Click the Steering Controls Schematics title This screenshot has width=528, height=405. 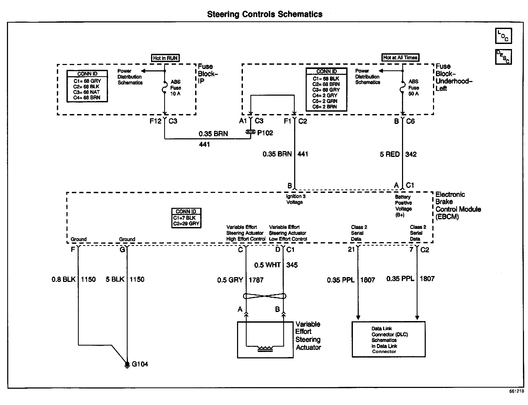point(265,14)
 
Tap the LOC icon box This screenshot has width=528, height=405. point(503,36)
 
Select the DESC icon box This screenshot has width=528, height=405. point(503,57)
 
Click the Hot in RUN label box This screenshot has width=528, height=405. point(165,58)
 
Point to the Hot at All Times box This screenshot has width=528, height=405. point(400,58)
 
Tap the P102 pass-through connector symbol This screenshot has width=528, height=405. point(250,132)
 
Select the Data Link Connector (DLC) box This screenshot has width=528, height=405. point(388,339)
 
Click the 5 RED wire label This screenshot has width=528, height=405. point(389,154)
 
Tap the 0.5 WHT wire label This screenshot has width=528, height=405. point(267,265)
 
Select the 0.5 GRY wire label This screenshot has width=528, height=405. point(230,280)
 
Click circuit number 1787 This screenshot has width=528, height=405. point(256,280)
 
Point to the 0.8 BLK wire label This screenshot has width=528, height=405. point(64,279)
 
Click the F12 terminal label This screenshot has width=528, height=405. point(155,121)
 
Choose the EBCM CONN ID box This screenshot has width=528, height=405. point(186,218)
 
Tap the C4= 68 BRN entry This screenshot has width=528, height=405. point(87,98)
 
